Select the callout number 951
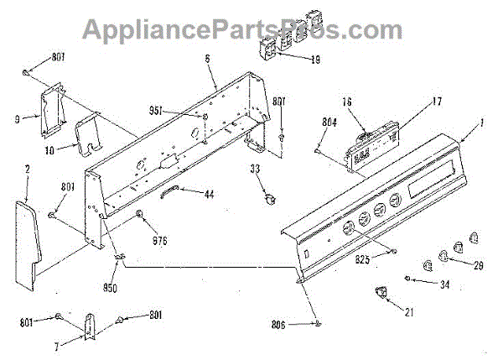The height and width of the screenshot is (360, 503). (x=181, y=111)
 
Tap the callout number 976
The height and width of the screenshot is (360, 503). (x=160, y=240)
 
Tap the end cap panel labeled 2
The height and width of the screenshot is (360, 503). (x=29, y=231)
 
